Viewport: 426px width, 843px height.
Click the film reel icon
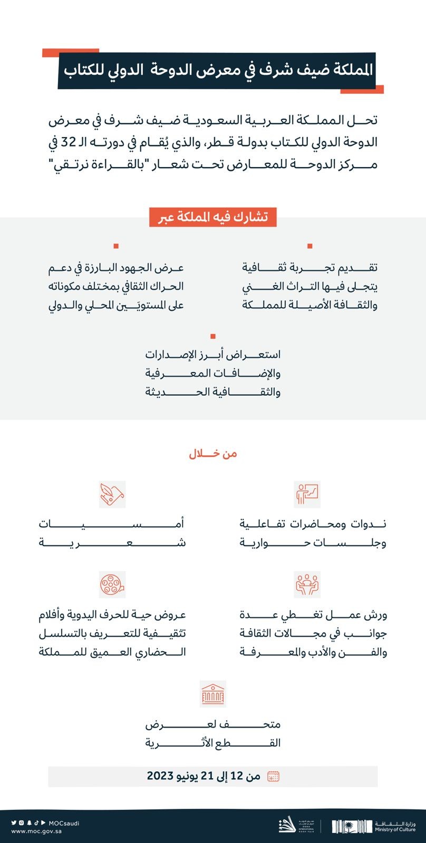click(x=112, y=584)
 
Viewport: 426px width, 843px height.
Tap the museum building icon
click(x=213, y=693)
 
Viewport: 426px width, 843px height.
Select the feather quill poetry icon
click(x=112, y=494)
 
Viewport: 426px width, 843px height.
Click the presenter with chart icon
click(x=307, y=494)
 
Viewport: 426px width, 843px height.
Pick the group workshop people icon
click(x=307, y=584)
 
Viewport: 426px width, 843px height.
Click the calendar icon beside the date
click(x=273, y=776)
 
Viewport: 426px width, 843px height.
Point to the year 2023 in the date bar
click(x=160, y=776)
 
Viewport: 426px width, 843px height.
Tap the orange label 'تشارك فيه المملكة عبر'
click(x=213, y=217)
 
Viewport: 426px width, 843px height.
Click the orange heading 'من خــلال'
click(x=213, y=454)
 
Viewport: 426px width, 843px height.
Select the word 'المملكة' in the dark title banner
click(x=350, y=70)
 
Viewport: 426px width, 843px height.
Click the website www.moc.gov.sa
click(x=36, y=831)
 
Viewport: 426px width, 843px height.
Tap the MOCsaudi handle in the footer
click(x=64, y=823)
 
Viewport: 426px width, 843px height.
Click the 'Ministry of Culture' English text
click(x=395, y=830)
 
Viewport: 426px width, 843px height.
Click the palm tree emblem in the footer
click(x=353, y=826)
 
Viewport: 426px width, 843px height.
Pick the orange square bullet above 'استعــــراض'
click(x=213, y=336)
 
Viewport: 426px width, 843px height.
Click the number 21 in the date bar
click(x=208, y=776)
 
